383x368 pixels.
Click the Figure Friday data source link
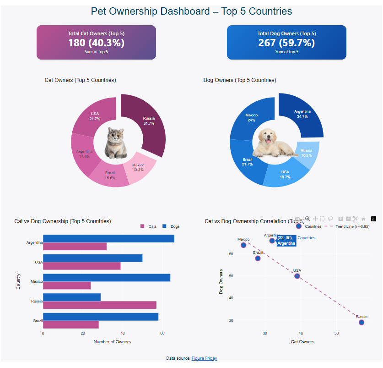204,358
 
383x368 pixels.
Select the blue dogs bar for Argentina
108,238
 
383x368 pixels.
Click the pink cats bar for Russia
99,305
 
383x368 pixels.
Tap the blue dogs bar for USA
92,258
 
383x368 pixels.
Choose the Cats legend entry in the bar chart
149,226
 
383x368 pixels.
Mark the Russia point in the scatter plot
361,322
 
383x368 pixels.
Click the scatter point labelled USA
297,276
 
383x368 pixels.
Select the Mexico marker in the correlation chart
243,245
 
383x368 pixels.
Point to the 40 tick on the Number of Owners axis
122,333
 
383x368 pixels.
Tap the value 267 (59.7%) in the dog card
286,43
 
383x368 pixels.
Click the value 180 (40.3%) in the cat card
96,43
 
